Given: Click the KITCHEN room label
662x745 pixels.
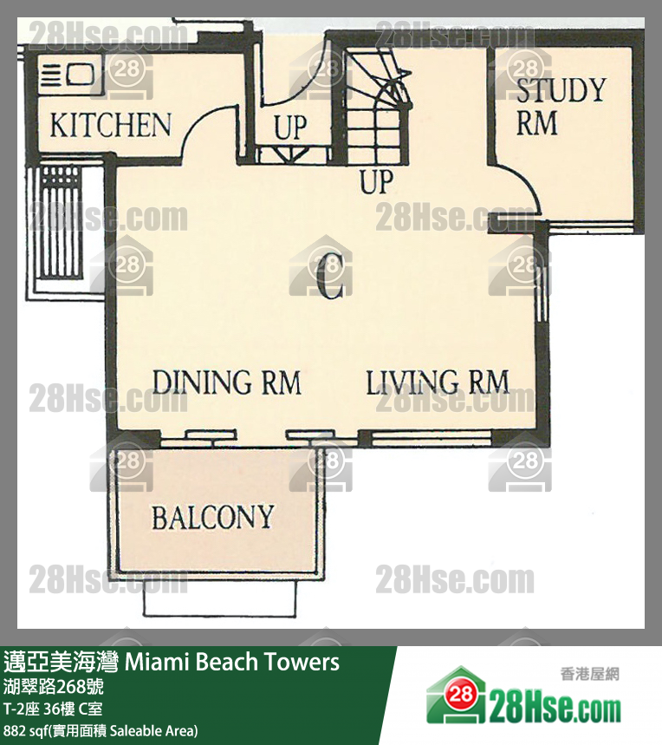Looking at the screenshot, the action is click(110, 125).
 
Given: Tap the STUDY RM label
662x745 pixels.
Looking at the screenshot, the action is click(561, 107).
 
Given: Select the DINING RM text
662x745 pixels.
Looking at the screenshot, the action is click(227, 382).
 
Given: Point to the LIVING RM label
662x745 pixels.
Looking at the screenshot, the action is click(437, 382).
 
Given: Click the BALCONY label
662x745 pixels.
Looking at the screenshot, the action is click(212, 517).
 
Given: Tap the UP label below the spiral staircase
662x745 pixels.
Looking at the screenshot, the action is click(377, 181).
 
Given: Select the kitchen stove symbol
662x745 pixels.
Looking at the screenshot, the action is click(67, 75).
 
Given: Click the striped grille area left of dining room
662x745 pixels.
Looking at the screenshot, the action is click(60, 222).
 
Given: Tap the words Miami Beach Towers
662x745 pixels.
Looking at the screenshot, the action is click(232, 662).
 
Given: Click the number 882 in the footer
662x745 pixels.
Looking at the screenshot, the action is click(14, 731).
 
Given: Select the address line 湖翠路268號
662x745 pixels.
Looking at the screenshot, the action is click(53, 687).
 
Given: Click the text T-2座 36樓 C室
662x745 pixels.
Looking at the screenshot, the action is click(53, 709).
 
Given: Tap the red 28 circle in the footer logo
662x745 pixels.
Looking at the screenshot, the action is click(460, 695).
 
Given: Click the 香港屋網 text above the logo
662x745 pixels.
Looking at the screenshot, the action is click(590, 674).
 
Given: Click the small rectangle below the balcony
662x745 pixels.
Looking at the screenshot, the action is click(220, 598).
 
